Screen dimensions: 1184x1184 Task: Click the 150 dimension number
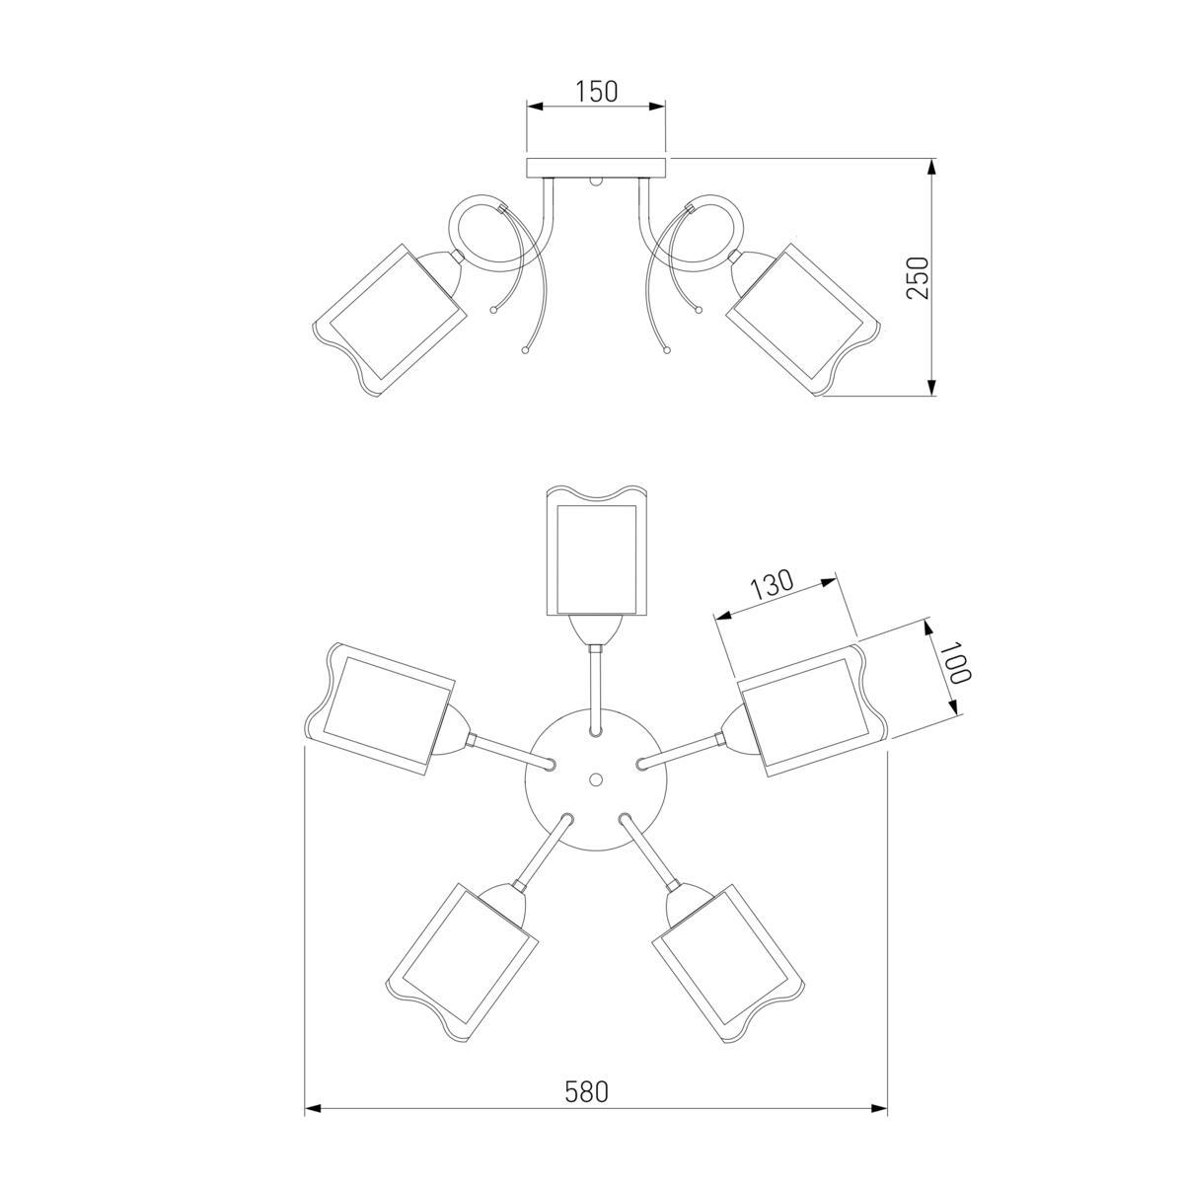click(596, 91)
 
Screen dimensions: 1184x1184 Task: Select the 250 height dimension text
click(918, 277)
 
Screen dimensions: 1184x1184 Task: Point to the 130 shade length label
click(772, 584)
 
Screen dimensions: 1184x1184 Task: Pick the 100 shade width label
click(955, 664)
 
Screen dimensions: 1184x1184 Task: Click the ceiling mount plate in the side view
click(596, 168)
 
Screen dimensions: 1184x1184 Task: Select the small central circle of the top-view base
click(594, 778)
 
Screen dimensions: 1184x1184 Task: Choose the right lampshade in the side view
click(803, 319)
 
